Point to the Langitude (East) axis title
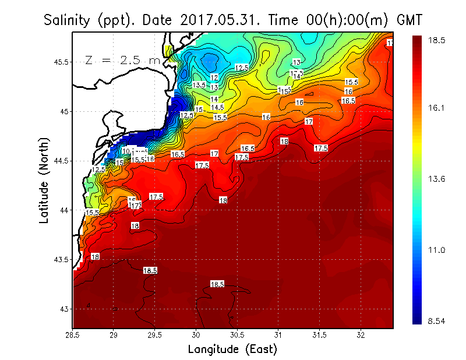pyautogui.click(x=232, y=349)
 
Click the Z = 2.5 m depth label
pyautogui.click(x=122, y=61)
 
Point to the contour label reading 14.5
pyautogui.click(x=217, y=107)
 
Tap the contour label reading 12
pyautogui.click(x=214, y=77)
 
